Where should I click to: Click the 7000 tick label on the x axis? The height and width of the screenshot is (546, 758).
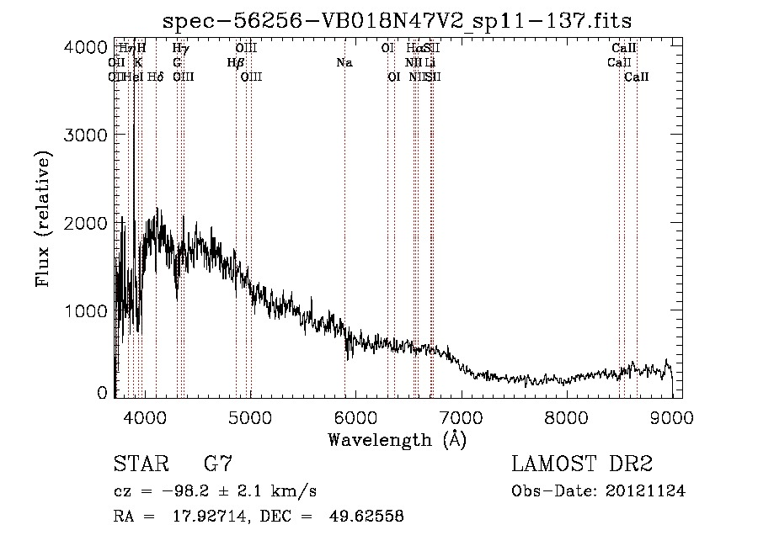(x=461, y=416)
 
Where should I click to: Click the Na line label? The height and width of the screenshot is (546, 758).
(x=344, y=62)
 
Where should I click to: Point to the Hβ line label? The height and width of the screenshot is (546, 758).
(x=236, y=62)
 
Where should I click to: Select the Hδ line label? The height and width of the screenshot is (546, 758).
(x=155, y=77)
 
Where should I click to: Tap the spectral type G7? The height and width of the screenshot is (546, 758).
(x=217, y=464)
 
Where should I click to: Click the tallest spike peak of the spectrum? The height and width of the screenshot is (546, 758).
(x=134, y=125)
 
